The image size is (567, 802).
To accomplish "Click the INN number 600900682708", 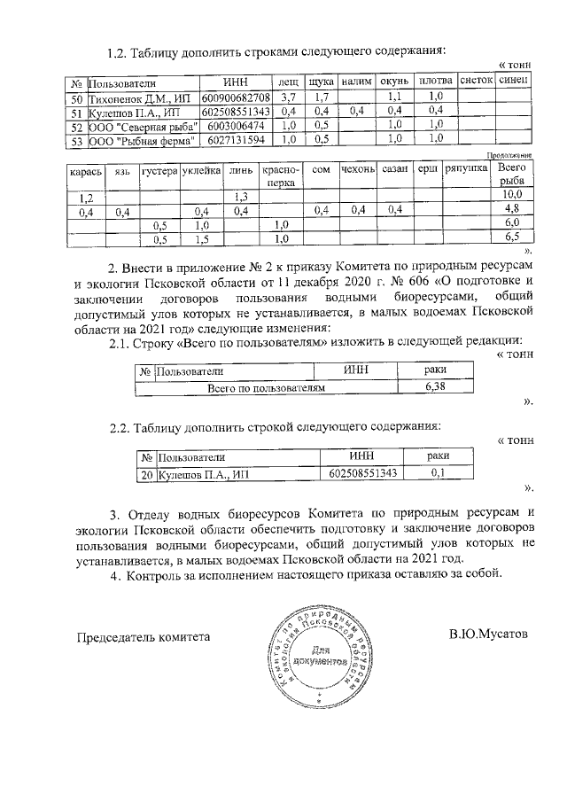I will coord(236,97).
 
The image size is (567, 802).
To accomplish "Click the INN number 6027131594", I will coord(234,139).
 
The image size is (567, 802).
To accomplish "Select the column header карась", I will coord(86,168).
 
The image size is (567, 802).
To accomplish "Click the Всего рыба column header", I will coord(511,174).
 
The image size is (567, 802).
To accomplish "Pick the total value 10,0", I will coord(511,194).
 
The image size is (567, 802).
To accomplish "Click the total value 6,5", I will coord(511,237).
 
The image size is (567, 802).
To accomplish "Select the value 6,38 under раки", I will coord(435,387).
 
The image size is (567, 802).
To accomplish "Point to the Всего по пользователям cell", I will coord(267,387).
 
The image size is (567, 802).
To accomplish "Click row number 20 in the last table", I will coord(146,472).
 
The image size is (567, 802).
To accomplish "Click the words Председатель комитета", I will coord(144,636).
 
